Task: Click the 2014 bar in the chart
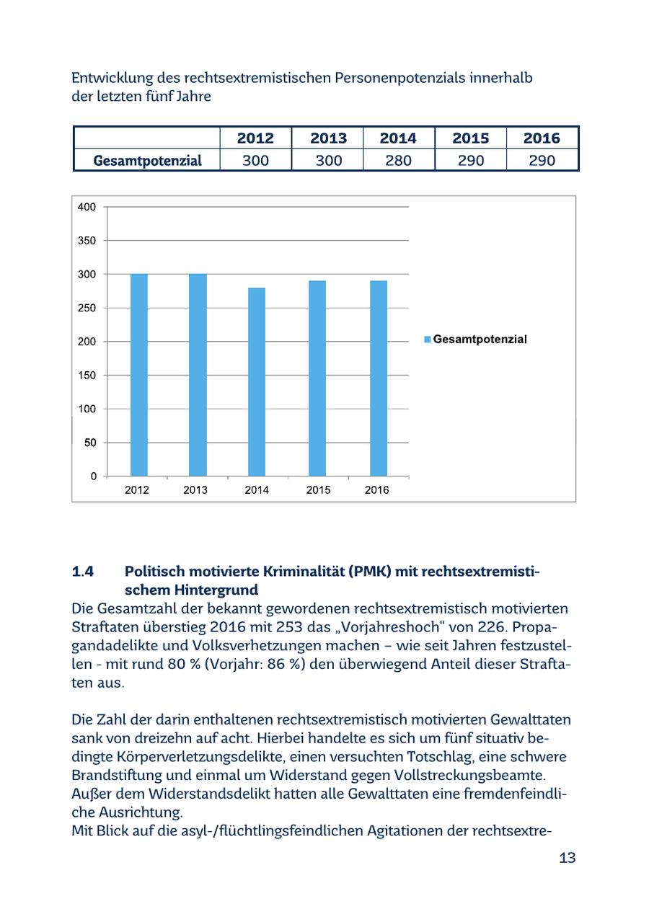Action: tap(257, 382)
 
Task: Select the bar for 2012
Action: tap(139, 375)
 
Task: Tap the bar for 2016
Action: tap(379, 378)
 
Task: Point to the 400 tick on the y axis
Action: tap(87, 208)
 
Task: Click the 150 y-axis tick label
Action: tap(87, 376)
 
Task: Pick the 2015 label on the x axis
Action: tap(318, 490)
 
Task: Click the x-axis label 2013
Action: tap(195, 490)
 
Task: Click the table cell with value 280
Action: tap(398, 160)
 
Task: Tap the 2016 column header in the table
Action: tap(542, 138)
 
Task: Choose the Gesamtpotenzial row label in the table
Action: tap(147, 160)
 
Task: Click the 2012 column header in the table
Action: tap(255, 138)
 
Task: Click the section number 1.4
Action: tap(83, 572)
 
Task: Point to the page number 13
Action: tap(567, 858)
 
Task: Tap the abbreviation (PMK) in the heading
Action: tap(374, 572)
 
